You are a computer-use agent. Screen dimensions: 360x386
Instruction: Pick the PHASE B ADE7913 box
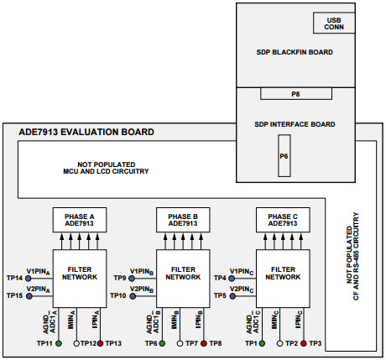pyautogui.click(x=182, y=220)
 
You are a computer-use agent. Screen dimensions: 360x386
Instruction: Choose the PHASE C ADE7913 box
pyautogui.click(x=283, y=220)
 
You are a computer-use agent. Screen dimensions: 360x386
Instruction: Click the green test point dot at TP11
pyautogui.click(x=59, y=344)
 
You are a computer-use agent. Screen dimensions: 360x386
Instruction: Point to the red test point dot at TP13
pyautogui.click(x=102, y=344)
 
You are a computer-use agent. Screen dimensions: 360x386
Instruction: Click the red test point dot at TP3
pyautogui.click(x=304, y=344)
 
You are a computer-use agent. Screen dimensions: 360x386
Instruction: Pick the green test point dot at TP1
pyautogui.click(x=263, y=344)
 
